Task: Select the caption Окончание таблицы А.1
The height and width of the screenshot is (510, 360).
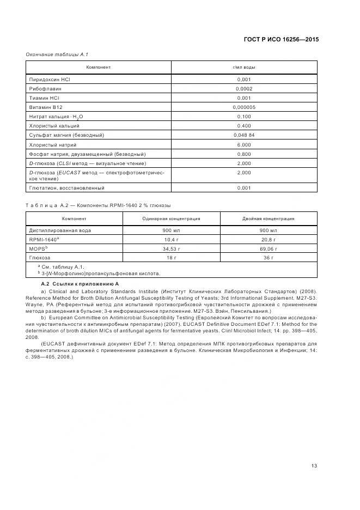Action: [x=54, y=54]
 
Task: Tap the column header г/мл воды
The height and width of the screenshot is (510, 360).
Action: [x=244, y=68]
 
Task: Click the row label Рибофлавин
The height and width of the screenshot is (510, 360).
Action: [x=45, y=88]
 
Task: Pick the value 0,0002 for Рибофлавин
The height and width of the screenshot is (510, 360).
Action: [x=244, y=88]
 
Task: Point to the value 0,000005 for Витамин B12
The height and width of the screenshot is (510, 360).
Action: [x=244, y=107]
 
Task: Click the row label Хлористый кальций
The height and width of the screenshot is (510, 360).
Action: [x=53, y=126]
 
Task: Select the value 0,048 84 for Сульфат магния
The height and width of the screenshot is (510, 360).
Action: [x=244, y=135]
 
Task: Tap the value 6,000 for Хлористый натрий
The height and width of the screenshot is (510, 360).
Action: [x=244, y=145]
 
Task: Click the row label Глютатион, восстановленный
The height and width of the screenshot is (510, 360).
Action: [x=66, y=188]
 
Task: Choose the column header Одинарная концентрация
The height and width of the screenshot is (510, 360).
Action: [x=163, y=218]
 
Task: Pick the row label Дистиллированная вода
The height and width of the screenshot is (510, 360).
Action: [x=60, y=230]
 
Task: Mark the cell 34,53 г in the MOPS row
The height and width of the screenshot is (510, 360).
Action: [x=163, y=248]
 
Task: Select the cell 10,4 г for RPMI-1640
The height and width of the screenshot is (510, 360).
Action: [x=163, y=239]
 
